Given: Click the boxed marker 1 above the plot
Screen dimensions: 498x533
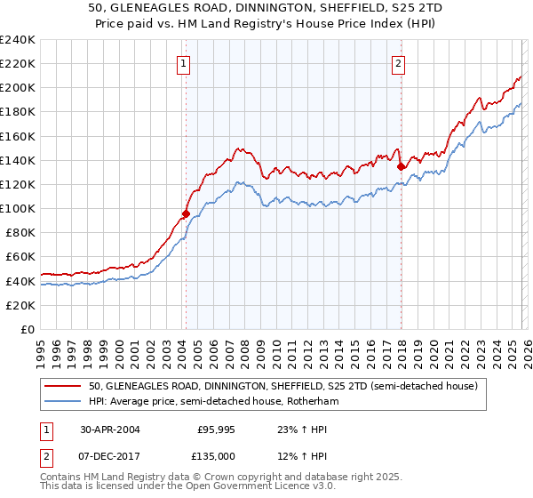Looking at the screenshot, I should pos(183,63).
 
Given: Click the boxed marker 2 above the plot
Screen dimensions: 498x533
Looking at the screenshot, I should pos(398,63).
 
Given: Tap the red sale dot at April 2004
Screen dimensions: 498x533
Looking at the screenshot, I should pos(186,213).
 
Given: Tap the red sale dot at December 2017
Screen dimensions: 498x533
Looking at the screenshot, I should pos(401,165).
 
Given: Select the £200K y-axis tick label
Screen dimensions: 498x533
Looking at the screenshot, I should pos(17,88).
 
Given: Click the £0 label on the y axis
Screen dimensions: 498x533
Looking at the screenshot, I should pos(27,329).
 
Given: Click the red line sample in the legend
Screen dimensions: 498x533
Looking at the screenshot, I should pos(64,387).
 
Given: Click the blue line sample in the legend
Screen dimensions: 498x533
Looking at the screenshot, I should pos(64,402).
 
